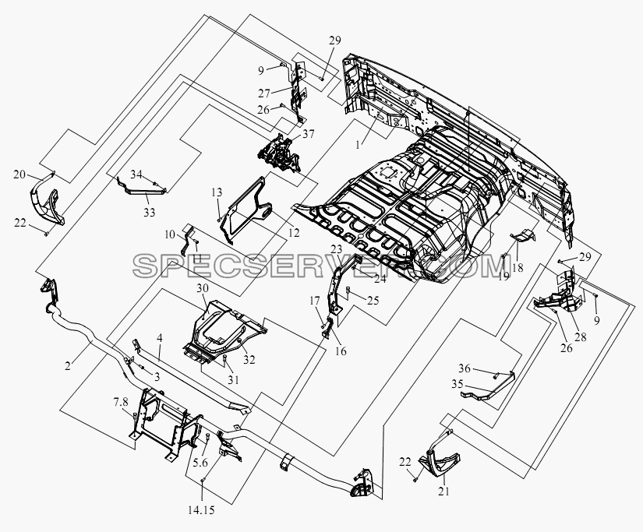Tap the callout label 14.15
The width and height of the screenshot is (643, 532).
tap(201, 510)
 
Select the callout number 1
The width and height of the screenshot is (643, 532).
tap(358, 145)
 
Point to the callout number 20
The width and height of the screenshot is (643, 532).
tap(19, 174)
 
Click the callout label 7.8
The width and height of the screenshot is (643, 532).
tap(122, 402)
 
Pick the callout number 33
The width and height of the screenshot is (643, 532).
tap(150, 213)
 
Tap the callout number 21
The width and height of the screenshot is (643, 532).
tap(443, 491)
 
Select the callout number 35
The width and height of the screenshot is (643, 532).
tap(458, 385)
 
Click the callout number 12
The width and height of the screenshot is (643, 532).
tap(294, 233)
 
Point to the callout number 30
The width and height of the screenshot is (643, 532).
tap(203, 288)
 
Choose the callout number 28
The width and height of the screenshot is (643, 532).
tap(580, 337)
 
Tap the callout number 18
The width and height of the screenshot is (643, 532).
tap(518, 268)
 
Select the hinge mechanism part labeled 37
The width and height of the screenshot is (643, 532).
tap(278, 152)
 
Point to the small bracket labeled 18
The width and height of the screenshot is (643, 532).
tap(523, 236)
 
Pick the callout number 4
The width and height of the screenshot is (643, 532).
tap(160, 339)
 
